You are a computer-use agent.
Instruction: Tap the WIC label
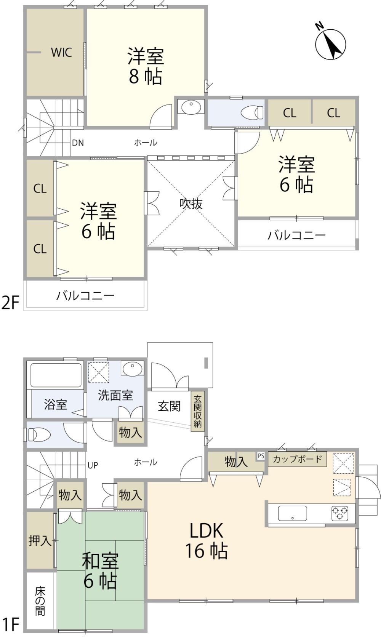point(61,53)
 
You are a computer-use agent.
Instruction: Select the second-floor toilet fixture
point(252,112)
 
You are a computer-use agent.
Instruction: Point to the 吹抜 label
point(191,204)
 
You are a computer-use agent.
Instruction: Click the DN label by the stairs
point(78,143)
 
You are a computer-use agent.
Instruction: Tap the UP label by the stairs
point(93,465)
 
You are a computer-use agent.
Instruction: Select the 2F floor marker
point(10,302)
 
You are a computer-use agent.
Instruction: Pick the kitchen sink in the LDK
point(292,513)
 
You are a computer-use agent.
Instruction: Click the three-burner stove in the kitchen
point(340,513)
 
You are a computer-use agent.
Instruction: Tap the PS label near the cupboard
point(261,456)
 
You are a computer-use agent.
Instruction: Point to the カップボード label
point(297,459)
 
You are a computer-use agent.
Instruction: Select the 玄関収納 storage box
point(197,411)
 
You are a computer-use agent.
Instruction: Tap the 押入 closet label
point(40,540)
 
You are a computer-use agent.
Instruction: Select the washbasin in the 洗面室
point(132,369)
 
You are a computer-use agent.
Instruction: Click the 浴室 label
point(56,404)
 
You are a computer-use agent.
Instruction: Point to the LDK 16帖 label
point(207,541)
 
